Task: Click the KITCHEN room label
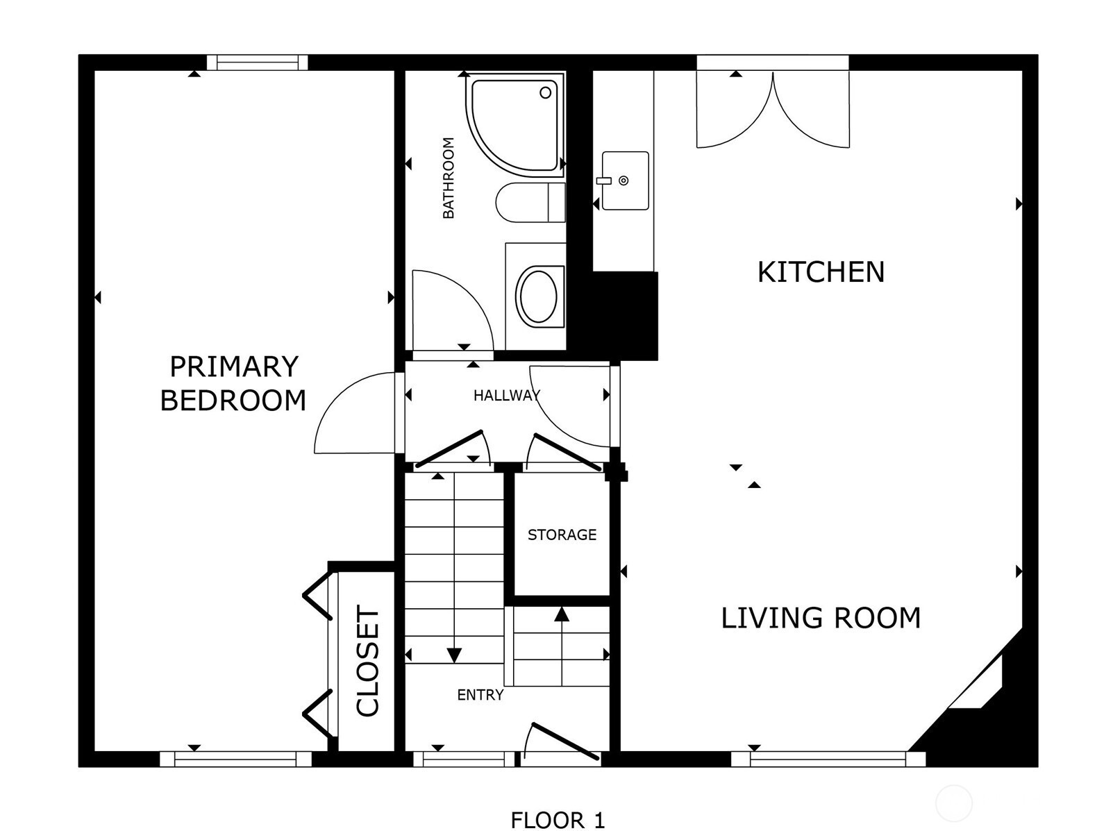tap(821, 271)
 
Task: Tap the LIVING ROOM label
tap(821, 618)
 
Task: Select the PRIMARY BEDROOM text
tap(233, 383)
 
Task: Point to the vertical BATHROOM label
tap(449, 178)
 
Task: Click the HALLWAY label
tap(507, 396)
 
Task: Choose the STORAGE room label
tap(562, 535)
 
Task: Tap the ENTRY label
tap(480, 695)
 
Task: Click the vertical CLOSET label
tap(368, 660)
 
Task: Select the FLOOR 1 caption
tap(558, 806)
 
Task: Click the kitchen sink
tap(625, 181)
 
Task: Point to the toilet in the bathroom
tap(530, 202)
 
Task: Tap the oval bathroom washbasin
tap(539, 296)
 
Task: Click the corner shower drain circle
tap(546, 93)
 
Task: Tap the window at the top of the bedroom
tap(257, 63)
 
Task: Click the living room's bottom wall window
tap(828, 759)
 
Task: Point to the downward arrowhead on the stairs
tap(454, 655)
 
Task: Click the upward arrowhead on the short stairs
tap(561, 614)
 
